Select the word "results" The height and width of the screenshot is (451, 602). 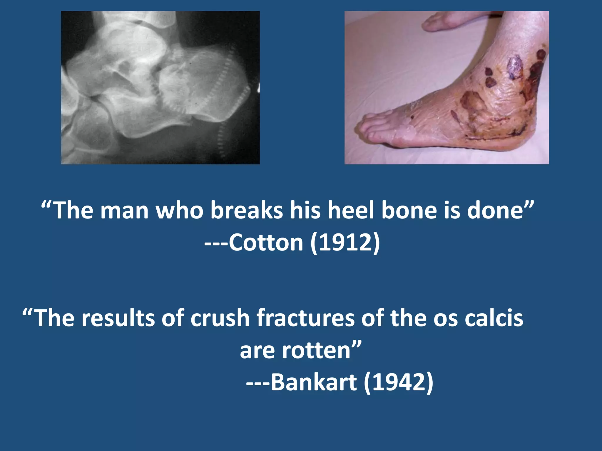[118, 318]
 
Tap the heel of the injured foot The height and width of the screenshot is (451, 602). [526, 138]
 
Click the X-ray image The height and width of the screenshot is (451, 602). [160, 87]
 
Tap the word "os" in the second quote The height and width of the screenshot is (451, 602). [445, 318]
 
